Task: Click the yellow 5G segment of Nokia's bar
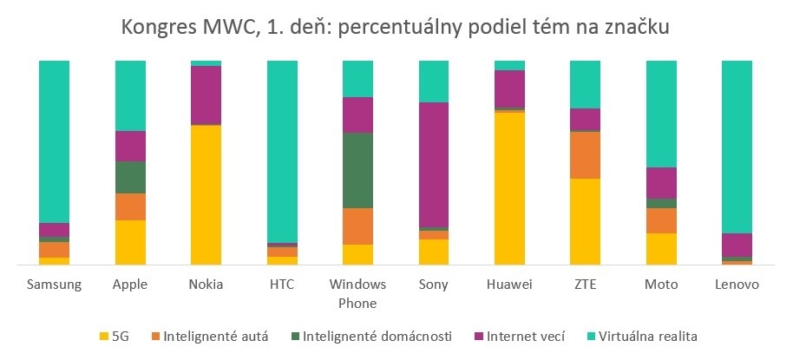click(206, 195)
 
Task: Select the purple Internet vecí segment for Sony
click(434, 165)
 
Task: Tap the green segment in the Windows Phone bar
click(357, 170)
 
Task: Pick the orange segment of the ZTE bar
click(586, 155)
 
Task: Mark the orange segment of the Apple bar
click(130, 206)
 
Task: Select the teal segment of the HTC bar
click(282, 151)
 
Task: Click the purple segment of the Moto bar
click(661, 183)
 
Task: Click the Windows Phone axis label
click(357, 293)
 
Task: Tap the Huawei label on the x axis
click(509, 285)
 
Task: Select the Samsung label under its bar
click(54, 285)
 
